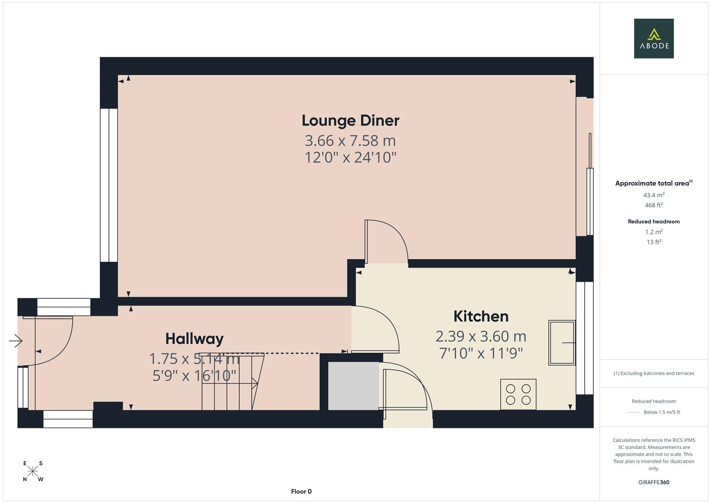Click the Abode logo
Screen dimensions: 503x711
pyautogui.click(x=654, y=39)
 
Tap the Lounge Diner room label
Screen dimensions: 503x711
pyautogui.click(x=350, y=121)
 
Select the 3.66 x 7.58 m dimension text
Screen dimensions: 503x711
pyautogui.click(x=350, y=140)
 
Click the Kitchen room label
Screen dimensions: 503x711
pyautogui.click(x=481, y=316)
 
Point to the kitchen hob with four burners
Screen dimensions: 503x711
pyautogui.click(x=518, y=394)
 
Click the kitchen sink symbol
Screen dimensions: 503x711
pyautogui.click(x=562, y=342)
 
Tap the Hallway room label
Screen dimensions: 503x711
pyautogui.click(x=194, y=339)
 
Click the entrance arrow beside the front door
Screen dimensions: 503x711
pyautogui.click(x=15, y=341)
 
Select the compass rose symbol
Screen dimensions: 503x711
pyautogui.click(x=33, y=471)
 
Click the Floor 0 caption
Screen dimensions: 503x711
pyautogui.click(x=301, y=491)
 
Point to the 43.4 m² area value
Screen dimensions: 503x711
pyautogui.click(x=654, y=195)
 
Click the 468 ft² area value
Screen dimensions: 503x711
pyautogui.click(x=654, y=205)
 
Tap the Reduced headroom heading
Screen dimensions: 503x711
pyautogui.click(x=654, y=222)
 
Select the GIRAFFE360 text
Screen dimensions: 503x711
pyautogui.click(x=654, y=482)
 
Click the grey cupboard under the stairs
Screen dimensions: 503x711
pyautogui.click(x=353, y=386)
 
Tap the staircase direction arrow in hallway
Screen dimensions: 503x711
pyautogui.click(x=254, y=383)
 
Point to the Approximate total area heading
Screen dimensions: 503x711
pyautogui.click(x=653, y=184)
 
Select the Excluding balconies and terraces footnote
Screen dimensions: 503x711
pyautogui.click(x=654, y=373)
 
